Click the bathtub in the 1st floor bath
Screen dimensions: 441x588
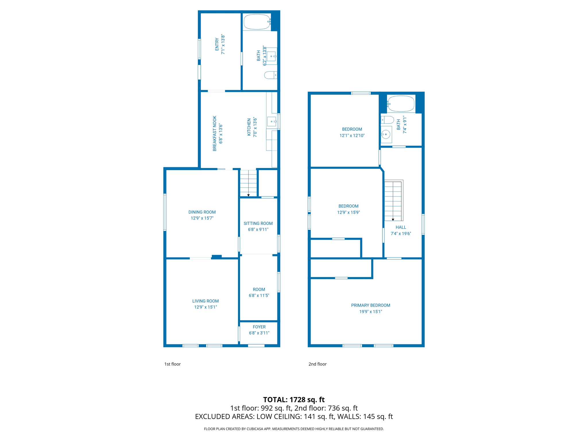257,22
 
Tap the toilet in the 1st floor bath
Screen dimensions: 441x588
270,75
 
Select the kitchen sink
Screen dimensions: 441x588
272,121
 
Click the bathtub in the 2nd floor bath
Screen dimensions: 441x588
401,104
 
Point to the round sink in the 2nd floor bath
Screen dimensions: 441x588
386,134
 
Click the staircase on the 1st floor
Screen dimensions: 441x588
248,183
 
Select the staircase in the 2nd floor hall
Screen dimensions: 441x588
393,201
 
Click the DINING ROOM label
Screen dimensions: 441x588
202,212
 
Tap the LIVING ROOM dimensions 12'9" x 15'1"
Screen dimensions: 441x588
205,307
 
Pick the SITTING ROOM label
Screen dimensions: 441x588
258,223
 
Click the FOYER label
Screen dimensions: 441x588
259,327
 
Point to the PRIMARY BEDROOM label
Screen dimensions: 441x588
370,305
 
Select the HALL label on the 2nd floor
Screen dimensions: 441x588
401,227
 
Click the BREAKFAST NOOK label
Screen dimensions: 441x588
214,134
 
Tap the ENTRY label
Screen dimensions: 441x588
217,45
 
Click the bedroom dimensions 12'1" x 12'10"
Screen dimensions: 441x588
352,136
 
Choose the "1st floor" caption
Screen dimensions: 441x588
172,364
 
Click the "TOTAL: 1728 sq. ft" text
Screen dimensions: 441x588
294,400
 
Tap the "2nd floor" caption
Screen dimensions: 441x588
317,364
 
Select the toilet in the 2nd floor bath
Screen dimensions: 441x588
388,120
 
